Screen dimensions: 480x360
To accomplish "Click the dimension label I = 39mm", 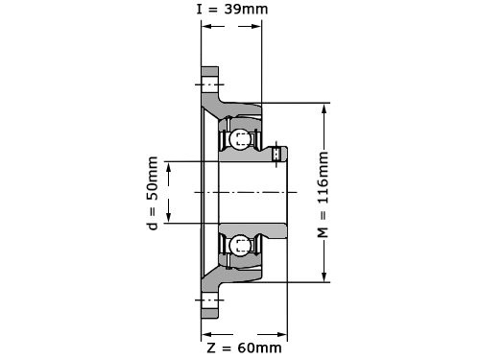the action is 232,9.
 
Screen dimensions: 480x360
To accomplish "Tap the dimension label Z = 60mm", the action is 245,348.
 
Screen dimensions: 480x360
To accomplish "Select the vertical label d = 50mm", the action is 153,193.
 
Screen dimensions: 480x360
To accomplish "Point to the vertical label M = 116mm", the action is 323,195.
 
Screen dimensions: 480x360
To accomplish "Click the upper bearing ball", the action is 239,139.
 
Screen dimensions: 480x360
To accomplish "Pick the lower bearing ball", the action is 239,245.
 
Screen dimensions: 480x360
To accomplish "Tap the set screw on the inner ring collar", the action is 276,154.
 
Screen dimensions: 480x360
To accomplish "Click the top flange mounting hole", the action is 210,84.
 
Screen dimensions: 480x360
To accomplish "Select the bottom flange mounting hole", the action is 210,300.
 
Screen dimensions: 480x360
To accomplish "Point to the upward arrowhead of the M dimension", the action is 324,109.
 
